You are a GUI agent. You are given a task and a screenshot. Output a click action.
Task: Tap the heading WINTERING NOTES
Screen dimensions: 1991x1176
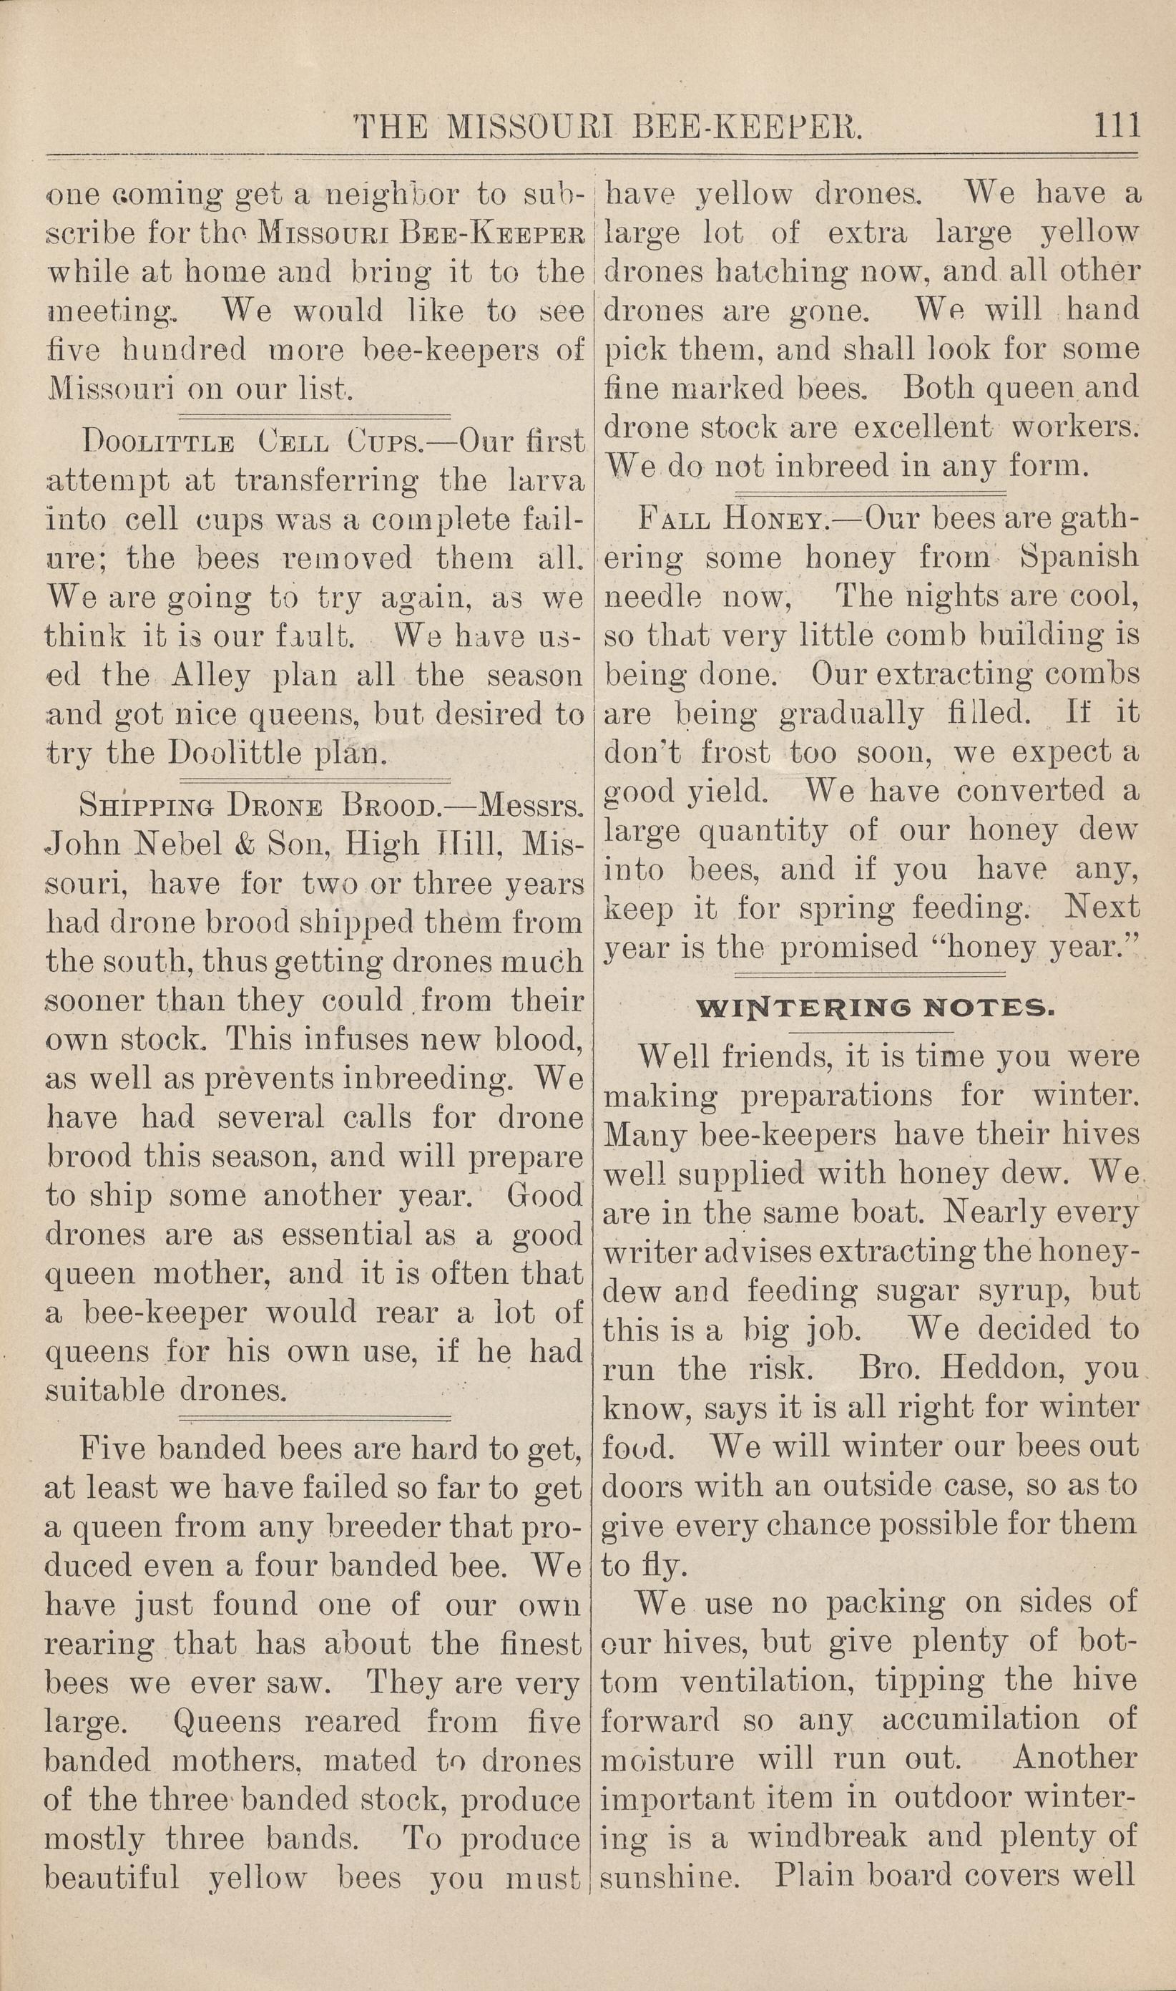click(874, 1008)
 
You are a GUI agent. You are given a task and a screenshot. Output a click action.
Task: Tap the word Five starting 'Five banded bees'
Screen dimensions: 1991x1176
click(116, 1449)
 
